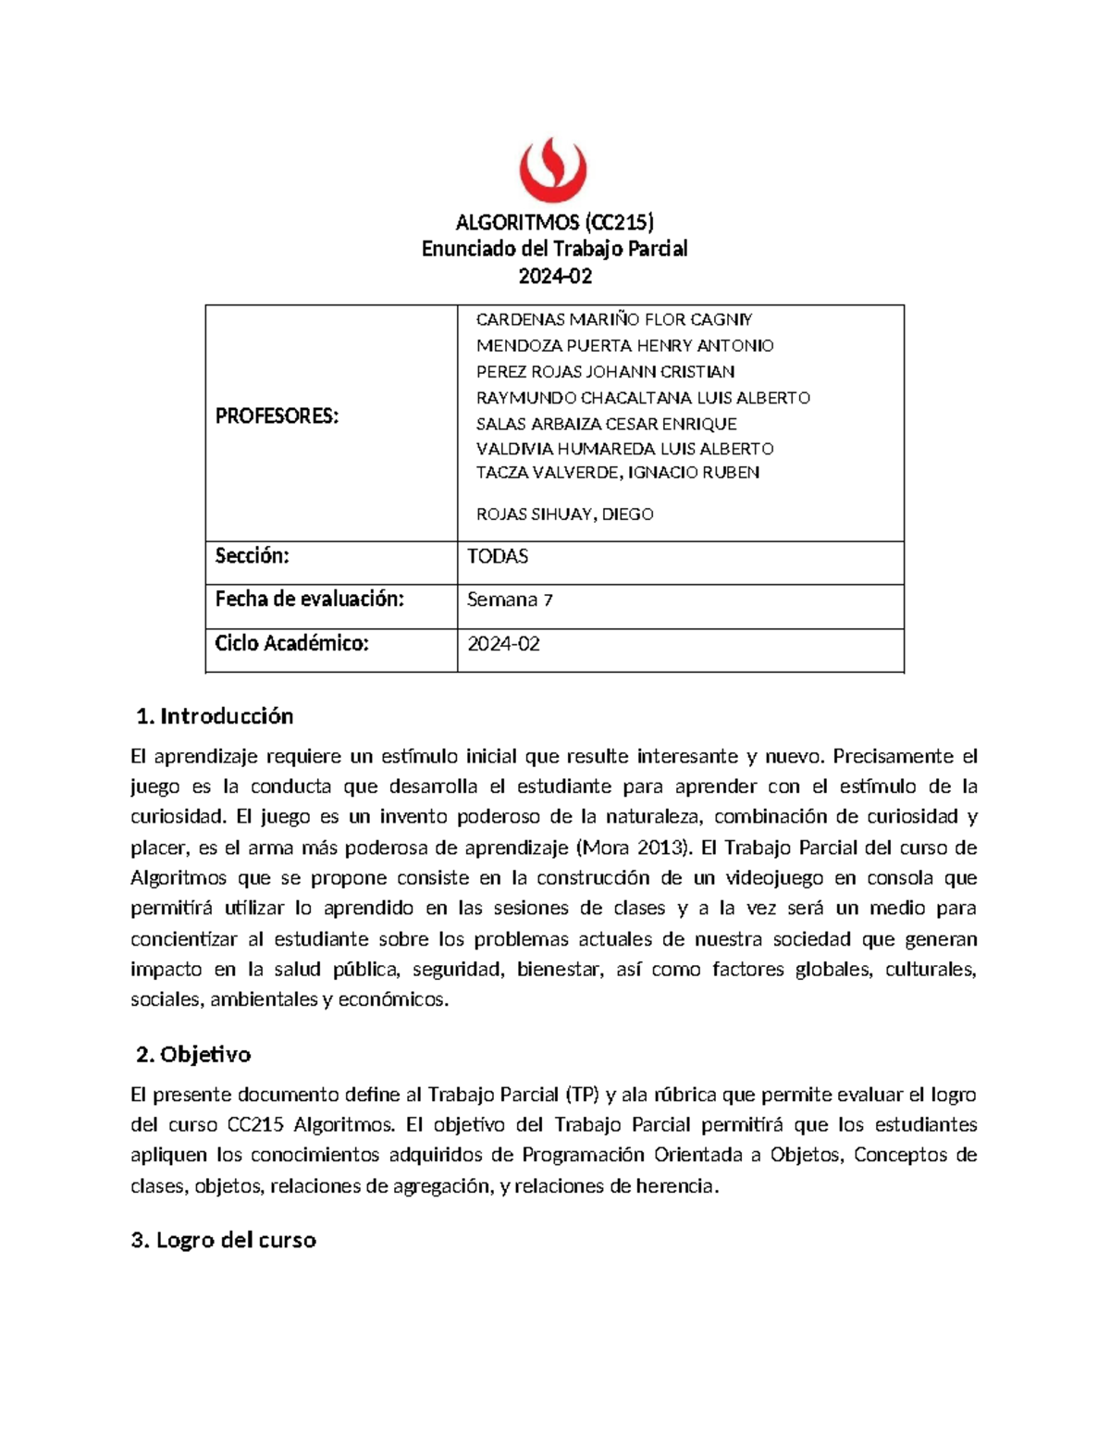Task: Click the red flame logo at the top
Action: pyautogui.click(x=553, y=169)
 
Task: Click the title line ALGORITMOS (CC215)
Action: pyautogui.click(x=554, y=222)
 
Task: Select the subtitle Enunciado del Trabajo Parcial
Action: pyautogui.click(x=554, y=249)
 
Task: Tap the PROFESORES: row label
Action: pyautogui.click(x=277, y=416)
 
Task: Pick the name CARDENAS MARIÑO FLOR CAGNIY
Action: pyautogui.click(x=614, y=320)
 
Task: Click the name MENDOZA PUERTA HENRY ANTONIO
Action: pyautogui.click(x=624, y=346)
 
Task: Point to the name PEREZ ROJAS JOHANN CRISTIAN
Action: pyautogui.click(x=605, y=372)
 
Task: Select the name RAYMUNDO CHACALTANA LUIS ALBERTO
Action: pyautogui.click(x=643, y=398)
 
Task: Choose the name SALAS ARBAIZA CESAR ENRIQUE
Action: pyautogui.click(x=606, y=424)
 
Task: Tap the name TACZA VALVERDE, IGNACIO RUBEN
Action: pyautogui.click(x=617, y=473)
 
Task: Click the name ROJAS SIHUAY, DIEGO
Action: pyautogui.click(x=564, y=514)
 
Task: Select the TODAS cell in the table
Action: pyautogui.click(x=498, y=557)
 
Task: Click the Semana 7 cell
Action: pyautogui.click(x=510, y=601)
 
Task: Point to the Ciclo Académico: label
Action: pyautogui.click(x=291, y=644)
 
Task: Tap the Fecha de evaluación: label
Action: pyautogui.click(x=310, y=600)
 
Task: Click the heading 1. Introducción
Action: pyautogui.click(x=215, y=716)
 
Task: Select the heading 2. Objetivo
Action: pyautogui.click(x=193, y=1055)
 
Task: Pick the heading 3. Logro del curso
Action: pyautogui.click(x=224, y=1240)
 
